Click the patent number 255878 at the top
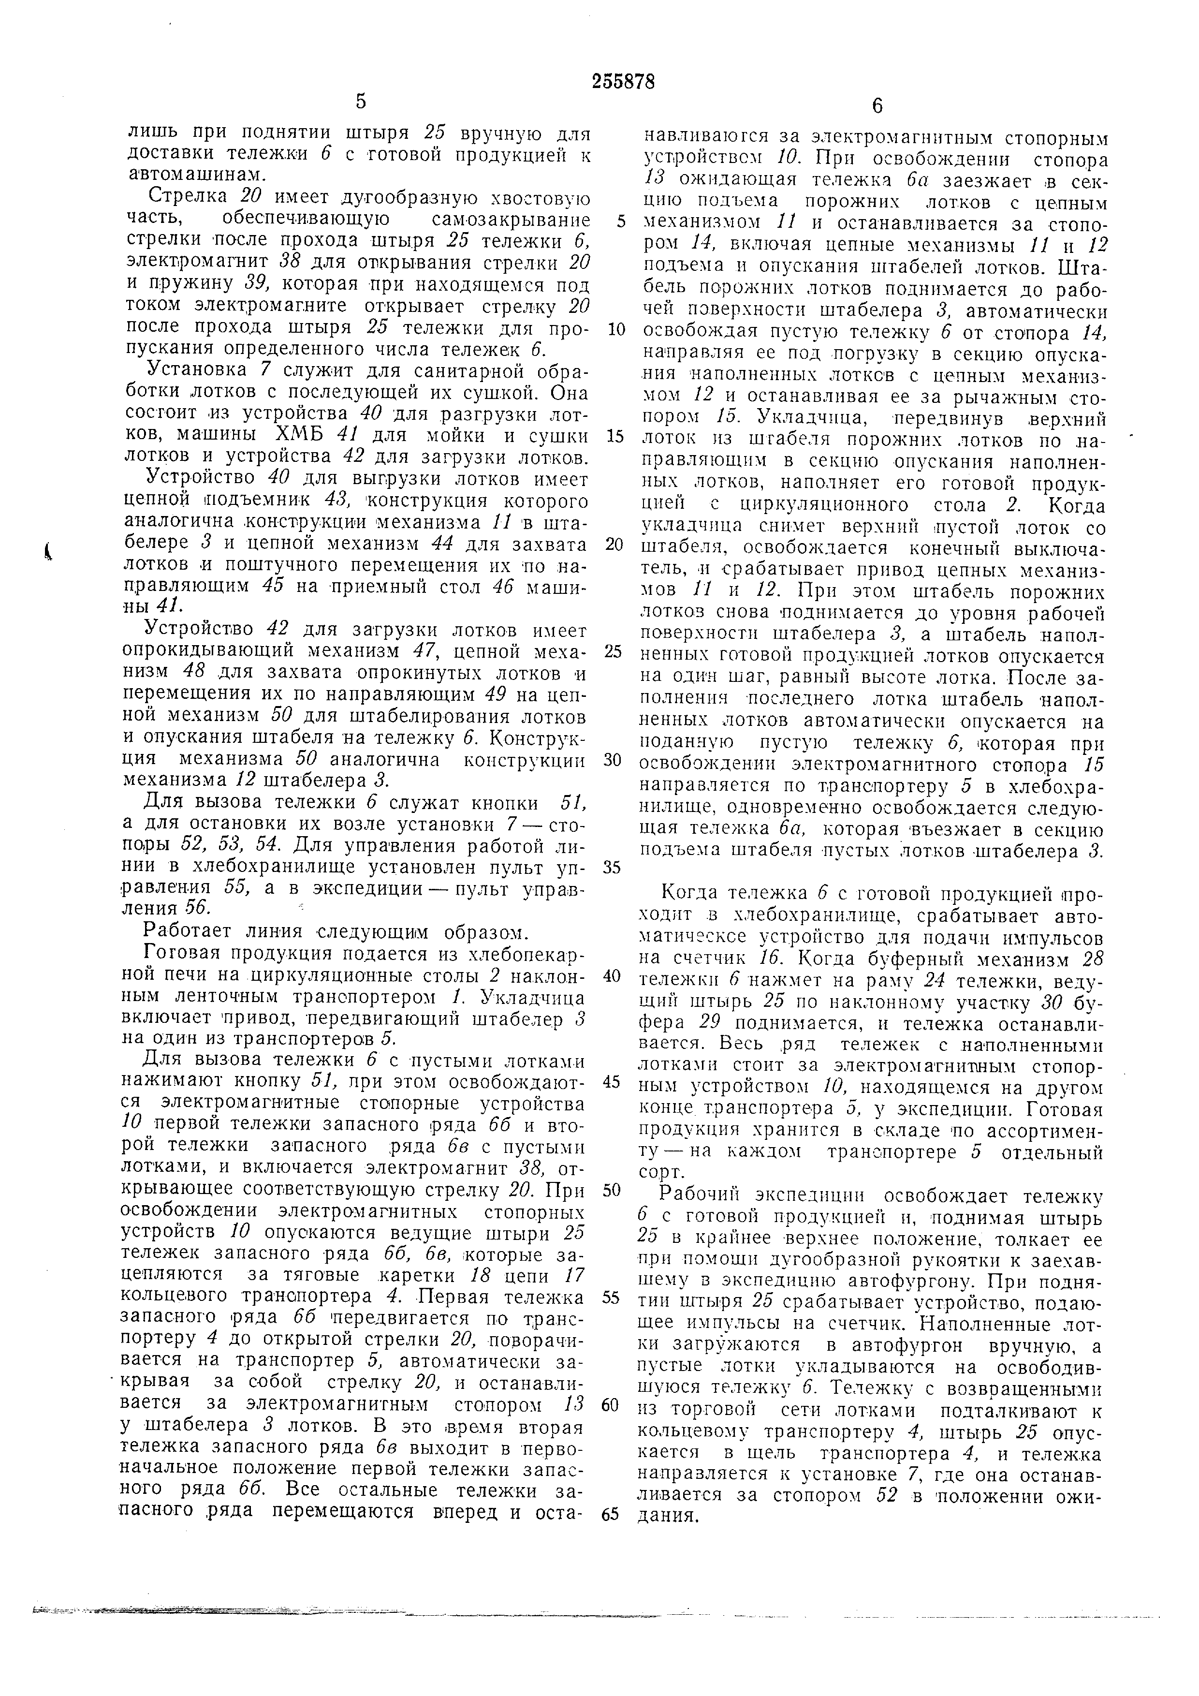coord(623,82)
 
